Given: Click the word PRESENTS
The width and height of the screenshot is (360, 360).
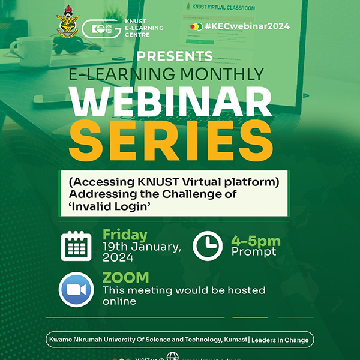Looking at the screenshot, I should [175, 56].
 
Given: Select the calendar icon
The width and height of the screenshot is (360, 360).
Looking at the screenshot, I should [76, 245].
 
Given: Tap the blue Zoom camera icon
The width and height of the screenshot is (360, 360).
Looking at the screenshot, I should [76, 289].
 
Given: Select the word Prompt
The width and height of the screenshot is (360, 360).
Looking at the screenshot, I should [254, 251].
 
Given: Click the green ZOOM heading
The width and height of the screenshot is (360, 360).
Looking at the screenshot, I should [125, 278].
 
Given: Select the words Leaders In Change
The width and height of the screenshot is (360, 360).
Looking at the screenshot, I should [280, 340].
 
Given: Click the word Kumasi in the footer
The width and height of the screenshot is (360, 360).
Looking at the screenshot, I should [230, 340].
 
